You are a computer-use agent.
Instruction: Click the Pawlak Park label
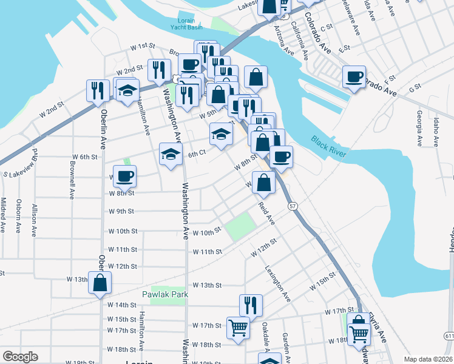[165, 294]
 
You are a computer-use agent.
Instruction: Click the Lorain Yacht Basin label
[186, 24]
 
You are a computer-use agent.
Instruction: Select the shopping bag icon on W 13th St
[100, 282]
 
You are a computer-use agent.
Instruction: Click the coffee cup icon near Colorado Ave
[354, 76]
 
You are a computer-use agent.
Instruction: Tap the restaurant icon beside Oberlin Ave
[98, 90]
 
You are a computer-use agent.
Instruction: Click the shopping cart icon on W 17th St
[239, 328]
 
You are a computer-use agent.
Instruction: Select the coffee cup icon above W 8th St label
[124, 176]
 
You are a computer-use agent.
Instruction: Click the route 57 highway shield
[292, 207]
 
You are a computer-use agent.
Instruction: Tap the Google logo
[20, 357]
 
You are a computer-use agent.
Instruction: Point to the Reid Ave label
[266, 214]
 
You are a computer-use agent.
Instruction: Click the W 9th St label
[121, 211]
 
